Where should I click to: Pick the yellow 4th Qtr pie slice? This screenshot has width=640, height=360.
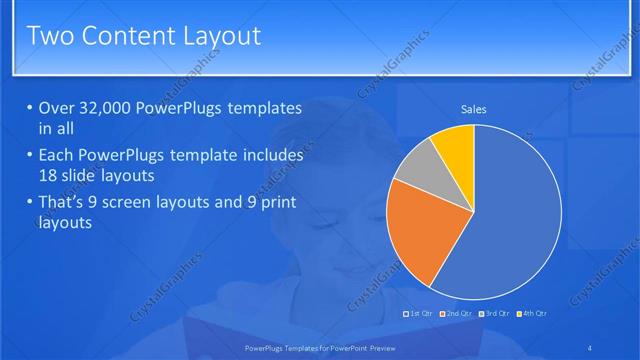click(x=455, y=146)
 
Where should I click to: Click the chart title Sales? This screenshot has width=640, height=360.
click(x=473, y=109)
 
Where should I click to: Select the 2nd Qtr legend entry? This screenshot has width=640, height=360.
click(x=457, y=314)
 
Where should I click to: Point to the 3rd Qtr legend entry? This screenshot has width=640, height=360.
click(x=497, y=314)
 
